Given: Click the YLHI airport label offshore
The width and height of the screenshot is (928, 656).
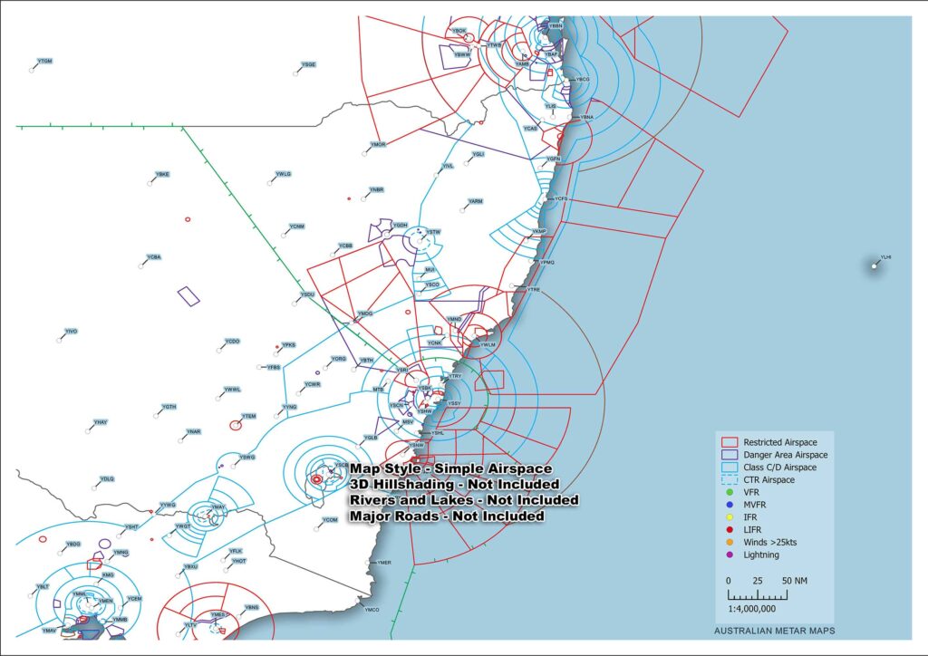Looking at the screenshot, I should (885, 257).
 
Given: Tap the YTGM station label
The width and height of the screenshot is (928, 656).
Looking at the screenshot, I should (44, 61).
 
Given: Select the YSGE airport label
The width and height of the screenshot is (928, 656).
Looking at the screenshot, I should (309, 65).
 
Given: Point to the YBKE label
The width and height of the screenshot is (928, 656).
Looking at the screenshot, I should (162, 174).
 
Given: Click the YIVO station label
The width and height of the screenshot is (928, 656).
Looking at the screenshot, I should (71, 332).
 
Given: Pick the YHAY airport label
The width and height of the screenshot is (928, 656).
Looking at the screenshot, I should (100, 423).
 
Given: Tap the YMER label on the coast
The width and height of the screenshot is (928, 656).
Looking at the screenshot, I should (384, 563).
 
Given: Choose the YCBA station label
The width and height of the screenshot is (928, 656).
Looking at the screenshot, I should (153, 257).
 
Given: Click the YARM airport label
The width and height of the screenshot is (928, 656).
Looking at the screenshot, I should (475, 200).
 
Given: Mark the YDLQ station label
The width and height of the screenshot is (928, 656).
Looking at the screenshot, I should (107, 478).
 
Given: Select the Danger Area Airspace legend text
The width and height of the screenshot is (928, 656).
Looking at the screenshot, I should (785, 454).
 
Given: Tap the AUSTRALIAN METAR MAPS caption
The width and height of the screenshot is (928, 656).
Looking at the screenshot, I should (774, 631).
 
